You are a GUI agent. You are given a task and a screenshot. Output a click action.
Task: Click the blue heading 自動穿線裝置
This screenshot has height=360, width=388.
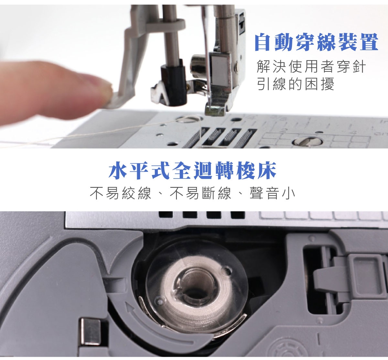tap(317, 42)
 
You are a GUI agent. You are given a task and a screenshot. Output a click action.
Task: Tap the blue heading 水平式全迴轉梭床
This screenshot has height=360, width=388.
tap(192, 170)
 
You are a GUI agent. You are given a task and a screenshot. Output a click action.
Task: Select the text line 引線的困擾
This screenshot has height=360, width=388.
tap(296, 84)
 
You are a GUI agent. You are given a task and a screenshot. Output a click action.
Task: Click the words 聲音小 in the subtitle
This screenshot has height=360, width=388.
tap(272, 193)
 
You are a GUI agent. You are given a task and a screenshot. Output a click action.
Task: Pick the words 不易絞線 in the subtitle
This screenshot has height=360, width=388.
tap(120, 193)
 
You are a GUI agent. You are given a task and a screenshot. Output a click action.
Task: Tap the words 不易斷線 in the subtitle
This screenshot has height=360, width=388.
tap(201, 193)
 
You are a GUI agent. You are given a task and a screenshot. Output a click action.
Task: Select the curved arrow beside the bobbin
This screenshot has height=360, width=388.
tap(156, 322)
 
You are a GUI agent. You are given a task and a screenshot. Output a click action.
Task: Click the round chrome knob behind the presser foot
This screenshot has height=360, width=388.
tap(199, 66)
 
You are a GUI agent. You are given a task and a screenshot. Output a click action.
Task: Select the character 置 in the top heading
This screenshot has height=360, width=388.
tap(369, 42)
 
